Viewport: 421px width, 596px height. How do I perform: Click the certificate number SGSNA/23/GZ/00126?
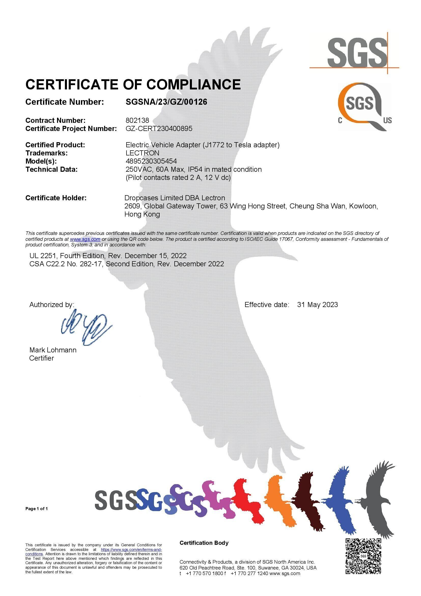[x=166, y=102]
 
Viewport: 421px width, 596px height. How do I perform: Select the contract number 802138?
[x=137, y=120]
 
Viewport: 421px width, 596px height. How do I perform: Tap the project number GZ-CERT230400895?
[x=159, y=128]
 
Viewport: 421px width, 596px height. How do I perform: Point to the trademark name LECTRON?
[x=142, y=153]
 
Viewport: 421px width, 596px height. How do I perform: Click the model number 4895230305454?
[x=151, y=161]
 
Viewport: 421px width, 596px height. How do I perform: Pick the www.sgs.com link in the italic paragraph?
[x=85, y=239]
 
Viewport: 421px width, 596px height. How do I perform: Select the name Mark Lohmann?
[x=53, y=350]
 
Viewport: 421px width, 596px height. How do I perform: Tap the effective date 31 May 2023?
[x=317, y=304]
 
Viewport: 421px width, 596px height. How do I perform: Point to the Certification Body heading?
[x=204, y=543]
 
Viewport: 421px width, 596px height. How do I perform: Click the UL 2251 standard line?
[x=108, y=256]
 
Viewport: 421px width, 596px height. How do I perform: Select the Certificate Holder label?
[x=56, y=198]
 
